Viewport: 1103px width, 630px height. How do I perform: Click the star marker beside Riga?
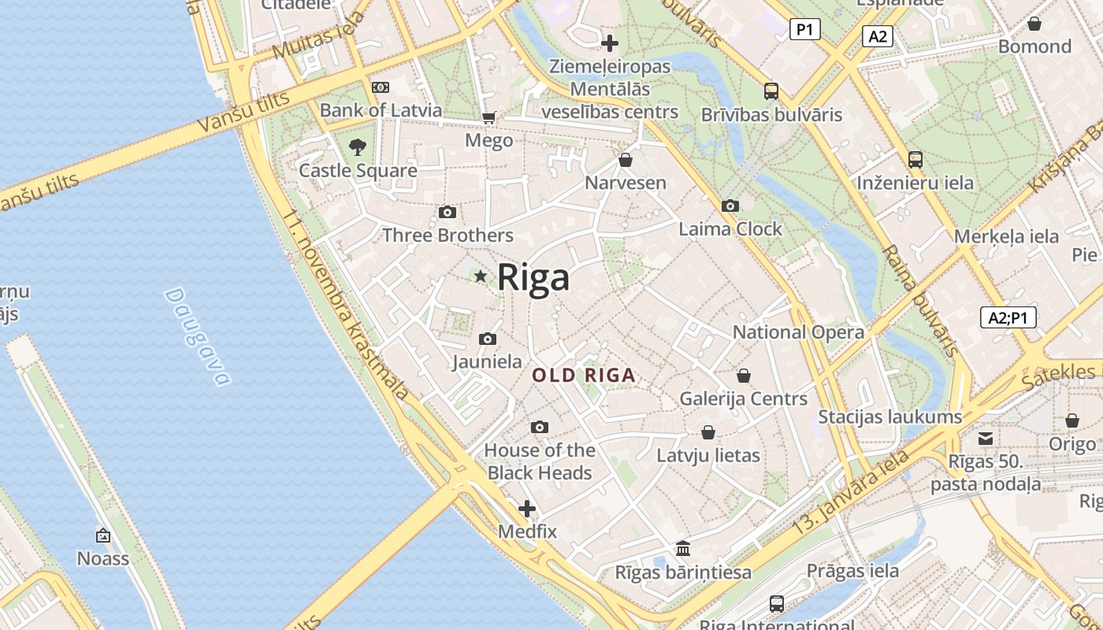tap(481, 276)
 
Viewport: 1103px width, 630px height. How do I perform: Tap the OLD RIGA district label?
tap(584, 376)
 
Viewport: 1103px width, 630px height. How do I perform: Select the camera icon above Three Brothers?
tap(447, 213)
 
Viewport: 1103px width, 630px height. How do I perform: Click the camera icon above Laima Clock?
tap(730, 206)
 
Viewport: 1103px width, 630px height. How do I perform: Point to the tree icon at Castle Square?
tap(357, 146)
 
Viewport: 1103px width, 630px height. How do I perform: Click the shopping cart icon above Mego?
tap(488, 118)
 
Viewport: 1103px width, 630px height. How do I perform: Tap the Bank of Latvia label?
tap(381, 110)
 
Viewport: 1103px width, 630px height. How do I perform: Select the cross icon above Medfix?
tap(527, 509)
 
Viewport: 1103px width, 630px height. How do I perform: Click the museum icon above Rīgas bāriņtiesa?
tap(683, 548)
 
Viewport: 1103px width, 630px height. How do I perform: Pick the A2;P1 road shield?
tap(1008, 317)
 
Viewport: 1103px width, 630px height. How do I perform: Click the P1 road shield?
tap(804, 30)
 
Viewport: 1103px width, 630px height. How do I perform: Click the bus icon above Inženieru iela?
tap(915, 160)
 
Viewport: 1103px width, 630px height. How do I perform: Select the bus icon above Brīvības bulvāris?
tap(771, 91)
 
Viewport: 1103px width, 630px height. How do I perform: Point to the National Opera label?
tap(798, 332)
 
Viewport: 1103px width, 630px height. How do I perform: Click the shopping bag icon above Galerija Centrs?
tap(743, 376)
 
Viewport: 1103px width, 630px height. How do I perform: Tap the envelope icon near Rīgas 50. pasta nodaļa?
tap(986, 439)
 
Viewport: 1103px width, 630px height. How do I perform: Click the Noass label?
tap(102, 558)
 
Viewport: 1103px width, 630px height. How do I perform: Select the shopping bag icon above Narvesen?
tap(626, 161)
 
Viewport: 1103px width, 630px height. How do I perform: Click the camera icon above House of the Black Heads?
tap(539, 428)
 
